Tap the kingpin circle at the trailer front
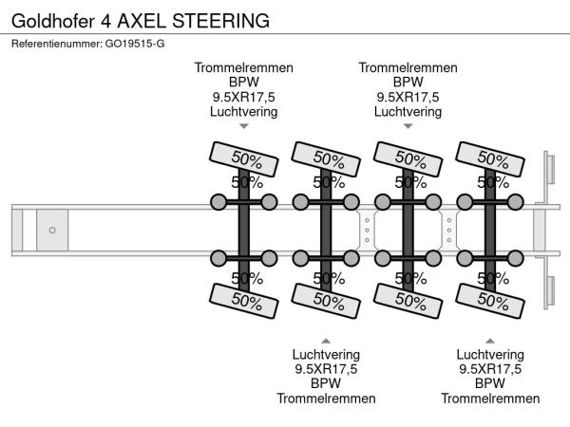pyautogui.click(x=53, y=230)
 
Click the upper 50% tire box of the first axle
pyautogui.click(x=243, y=158)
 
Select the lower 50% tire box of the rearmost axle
pyautogui.click(x=490, y=300)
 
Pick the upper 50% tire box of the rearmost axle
pyautogui.click(x=490, y=158)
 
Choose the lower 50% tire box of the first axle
pyautogui.click(x=243, y=300)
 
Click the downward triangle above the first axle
pyautogui.click(x=244, y=125)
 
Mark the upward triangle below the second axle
pyautogui.click(x=326, y=340)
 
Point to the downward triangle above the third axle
pyautogui.click(x=408, y=125)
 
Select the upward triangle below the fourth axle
pyautogui.click(x=490, y=340)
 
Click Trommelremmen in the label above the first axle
pyautogui.click(x=244, y=67)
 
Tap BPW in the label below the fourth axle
pyautogui.click(x=490, y=383)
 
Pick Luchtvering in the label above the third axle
pyautogui.click(x=408, y=111)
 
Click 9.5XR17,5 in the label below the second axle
pyautogui.click(x=326, y=369)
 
